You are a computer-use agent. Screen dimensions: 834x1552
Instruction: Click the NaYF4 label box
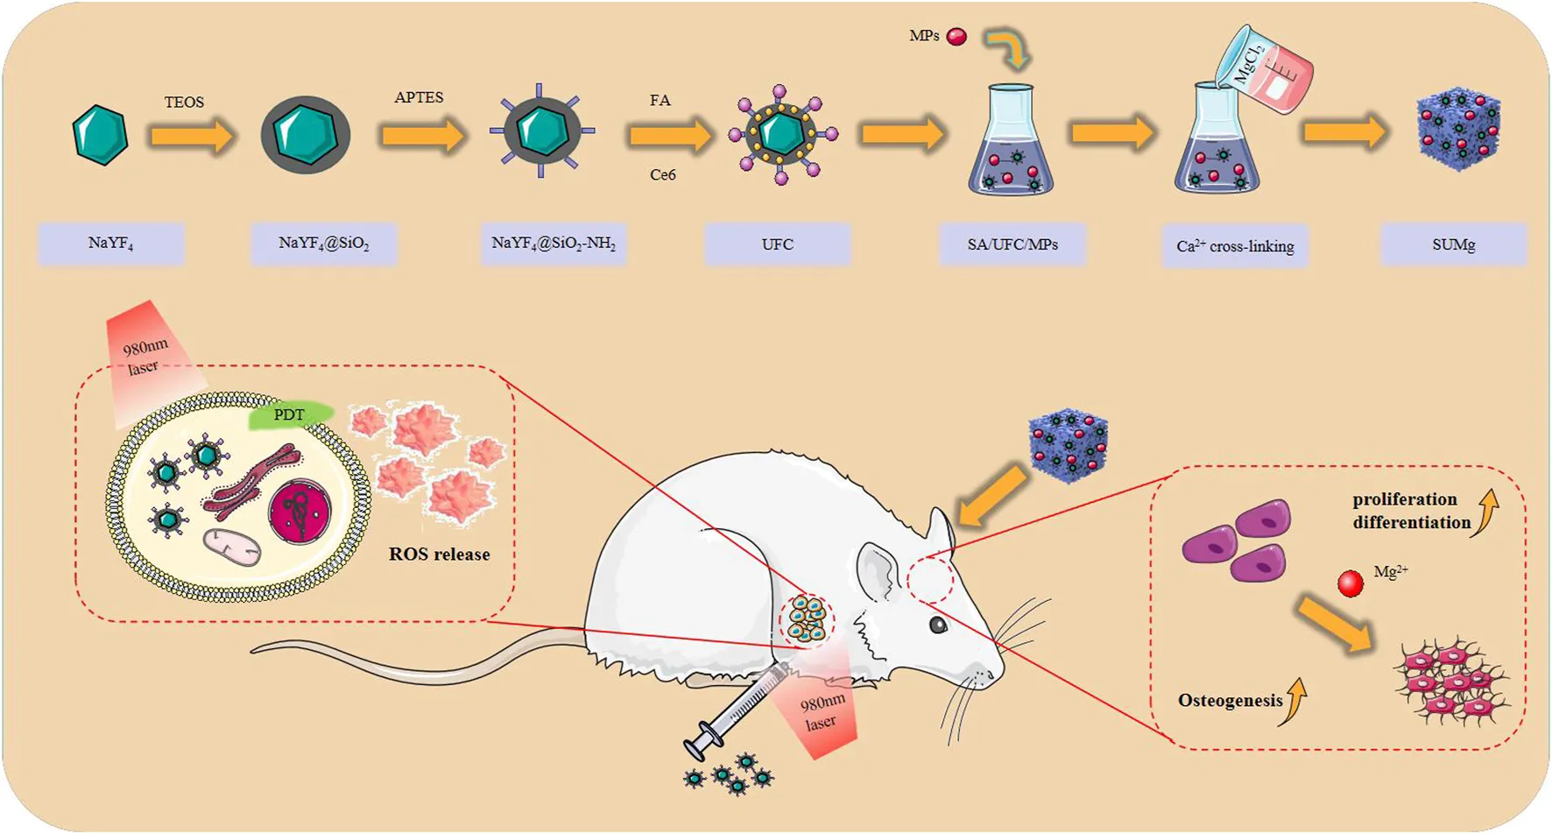click(x=111, y=244)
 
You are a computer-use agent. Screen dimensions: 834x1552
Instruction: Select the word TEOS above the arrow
click(x=184, y=102)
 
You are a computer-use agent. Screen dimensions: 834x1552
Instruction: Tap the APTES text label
click(x=419, y=97)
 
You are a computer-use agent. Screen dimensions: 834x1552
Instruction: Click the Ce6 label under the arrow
click(x=663, y=175)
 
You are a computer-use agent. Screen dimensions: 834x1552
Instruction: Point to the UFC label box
click(x=778, y=244)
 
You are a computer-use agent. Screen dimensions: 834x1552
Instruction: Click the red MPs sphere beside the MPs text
click(x=956, y=37)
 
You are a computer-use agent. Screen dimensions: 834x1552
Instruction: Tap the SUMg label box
click(x=1454, y=244)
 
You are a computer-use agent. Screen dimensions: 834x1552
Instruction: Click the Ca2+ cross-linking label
click(x=1235, y=247)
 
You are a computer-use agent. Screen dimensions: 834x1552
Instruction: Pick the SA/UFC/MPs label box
click(x=1012, y=244)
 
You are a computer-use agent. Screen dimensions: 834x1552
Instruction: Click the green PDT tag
click(x=290, y=415)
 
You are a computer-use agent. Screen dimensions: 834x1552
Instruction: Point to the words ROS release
click(x=440, y=555)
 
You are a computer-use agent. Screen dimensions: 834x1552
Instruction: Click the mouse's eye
click(x=938, y=625)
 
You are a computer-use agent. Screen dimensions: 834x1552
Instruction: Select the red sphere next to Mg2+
click(x=1351, y=583)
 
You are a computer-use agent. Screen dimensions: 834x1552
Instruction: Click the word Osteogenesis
click(x=1231, y=701)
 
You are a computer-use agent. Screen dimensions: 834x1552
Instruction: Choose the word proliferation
click(x=1404, y=499)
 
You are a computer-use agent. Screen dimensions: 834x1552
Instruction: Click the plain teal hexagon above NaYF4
click(x=101, y=135)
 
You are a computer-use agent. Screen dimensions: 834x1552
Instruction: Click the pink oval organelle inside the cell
click(x=232, y=546)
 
